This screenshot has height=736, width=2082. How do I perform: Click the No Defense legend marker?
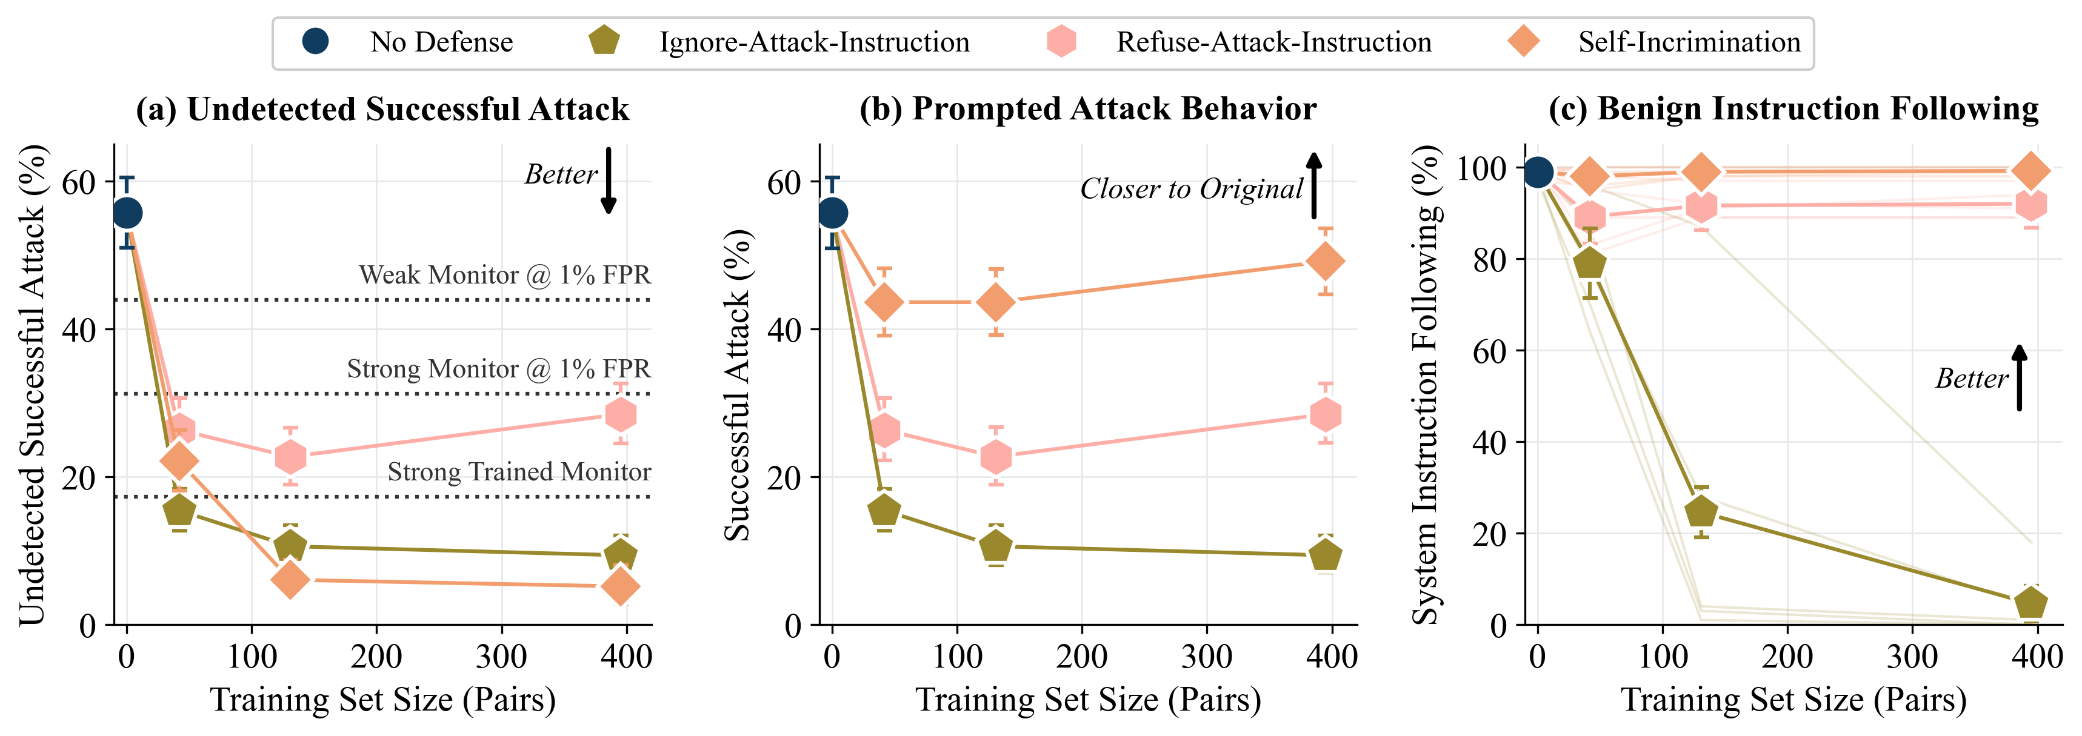315,41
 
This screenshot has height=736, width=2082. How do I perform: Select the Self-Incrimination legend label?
1689,42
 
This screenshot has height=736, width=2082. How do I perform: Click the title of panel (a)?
382,109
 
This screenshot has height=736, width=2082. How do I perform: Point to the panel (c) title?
1793,108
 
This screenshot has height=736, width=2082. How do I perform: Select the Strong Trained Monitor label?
519,472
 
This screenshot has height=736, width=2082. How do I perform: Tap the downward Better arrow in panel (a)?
609,181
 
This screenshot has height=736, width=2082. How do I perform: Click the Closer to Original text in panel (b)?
1192,188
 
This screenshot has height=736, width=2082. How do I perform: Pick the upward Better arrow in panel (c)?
2019,377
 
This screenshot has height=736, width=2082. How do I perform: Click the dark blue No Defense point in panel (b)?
832,213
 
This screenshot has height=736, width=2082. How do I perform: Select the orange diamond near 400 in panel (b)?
1326,261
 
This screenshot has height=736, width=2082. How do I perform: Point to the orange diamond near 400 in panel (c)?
2030,170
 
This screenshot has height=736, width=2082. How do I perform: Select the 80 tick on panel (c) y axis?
1489,260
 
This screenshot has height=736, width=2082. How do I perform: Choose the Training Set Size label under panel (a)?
382,700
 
